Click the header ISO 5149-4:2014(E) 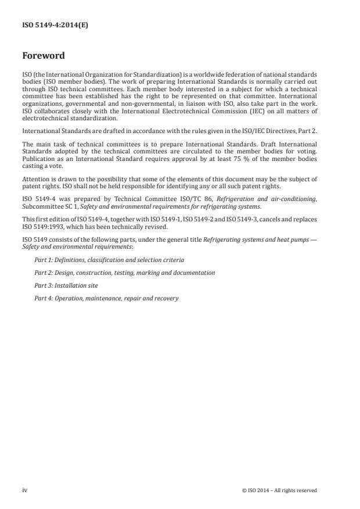pyautogui.click(x=55, y=26)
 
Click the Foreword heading pyautogui.click(x=44, y=56)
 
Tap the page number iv pyautogui.click(x=25, y=490)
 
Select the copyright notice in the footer pyautogui.click(x=279, y=490)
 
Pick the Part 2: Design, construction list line pyautogui.click(x=124, y=273)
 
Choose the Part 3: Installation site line pyautogui.click(x=66, y=285)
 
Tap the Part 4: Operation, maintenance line pyautogui.click(x=106, y=298)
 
